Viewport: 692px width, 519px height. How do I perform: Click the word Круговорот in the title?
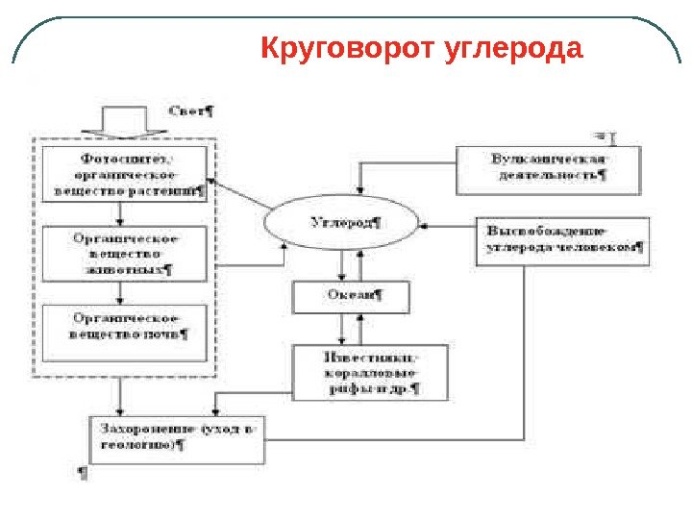click(350, 48)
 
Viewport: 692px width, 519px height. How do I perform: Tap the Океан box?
click(352, 297)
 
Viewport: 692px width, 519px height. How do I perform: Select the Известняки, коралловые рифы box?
click(370, 372)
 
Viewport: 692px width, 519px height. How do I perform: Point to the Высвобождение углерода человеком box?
click(562, 240)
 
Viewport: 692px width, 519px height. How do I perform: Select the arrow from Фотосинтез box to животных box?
click(118, 213)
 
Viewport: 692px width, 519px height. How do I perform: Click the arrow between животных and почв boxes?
click(118, 292)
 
